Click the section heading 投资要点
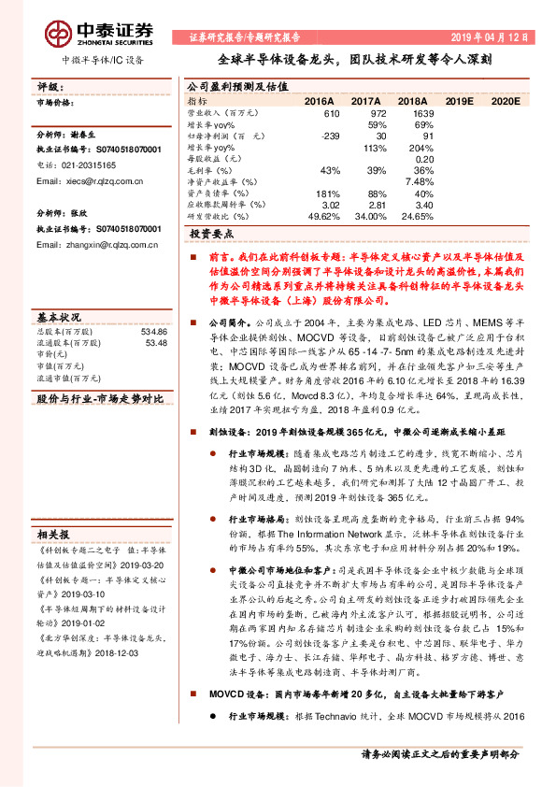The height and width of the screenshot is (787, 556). [x=211, y=235]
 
